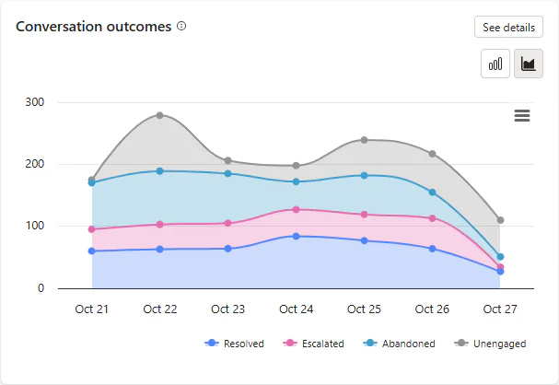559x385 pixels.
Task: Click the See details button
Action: [x=508, y=27]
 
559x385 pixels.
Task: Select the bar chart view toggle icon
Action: [x=495, y=64]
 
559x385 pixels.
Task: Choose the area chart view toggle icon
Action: [x=529, y=64]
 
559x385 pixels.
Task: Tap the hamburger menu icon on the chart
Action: [x=522, y=115]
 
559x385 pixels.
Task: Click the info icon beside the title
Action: [x=181, y=26]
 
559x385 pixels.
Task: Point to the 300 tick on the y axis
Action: [x=35, y=102]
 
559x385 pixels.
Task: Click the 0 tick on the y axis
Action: [x=41, y=288]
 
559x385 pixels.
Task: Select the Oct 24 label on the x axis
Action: [x=296, y=309]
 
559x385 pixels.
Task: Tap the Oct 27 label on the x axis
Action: [x=500, y=309]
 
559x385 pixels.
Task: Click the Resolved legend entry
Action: [x=234, y=344]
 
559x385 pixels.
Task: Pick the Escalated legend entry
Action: [x=313, y=344]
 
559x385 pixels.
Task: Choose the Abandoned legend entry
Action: [x=399, y=344]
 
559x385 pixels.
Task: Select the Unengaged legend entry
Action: [x=490, y=344]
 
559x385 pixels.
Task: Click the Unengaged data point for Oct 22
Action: [x=159, y=115]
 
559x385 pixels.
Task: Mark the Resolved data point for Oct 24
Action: [x=296, y=237]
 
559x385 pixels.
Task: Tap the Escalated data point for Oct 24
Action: [x=296, y=210]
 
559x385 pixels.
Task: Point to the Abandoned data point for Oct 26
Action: [x=432, y=192]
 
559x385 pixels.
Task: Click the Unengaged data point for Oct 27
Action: [x=500, y=220]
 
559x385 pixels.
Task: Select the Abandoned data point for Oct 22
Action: [x=159, y=171]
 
